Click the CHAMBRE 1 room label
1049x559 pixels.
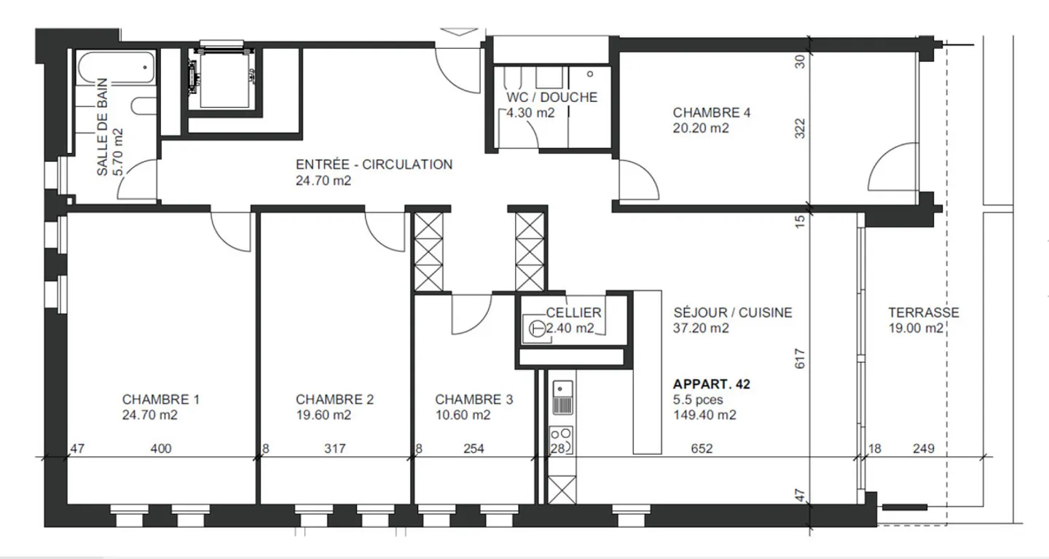point(160,399)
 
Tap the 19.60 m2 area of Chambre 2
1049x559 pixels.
point(323,415)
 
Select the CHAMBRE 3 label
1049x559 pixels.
point(474,399)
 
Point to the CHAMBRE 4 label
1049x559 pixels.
point(711,113)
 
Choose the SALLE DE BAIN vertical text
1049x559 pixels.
point(110,127)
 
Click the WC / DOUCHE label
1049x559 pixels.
point(551,97)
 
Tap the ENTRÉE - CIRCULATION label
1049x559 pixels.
point(373,165)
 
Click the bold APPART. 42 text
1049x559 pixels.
point(711,384)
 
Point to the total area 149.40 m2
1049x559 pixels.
point(704,415)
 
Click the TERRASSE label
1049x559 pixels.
point(923,313)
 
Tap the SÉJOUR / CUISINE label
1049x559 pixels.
point(732,313)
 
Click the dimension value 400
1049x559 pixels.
point(160,449)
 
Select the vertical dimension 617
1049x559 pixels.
point(800,359)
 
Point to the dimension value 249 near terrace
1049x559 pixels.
point(923,449)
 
